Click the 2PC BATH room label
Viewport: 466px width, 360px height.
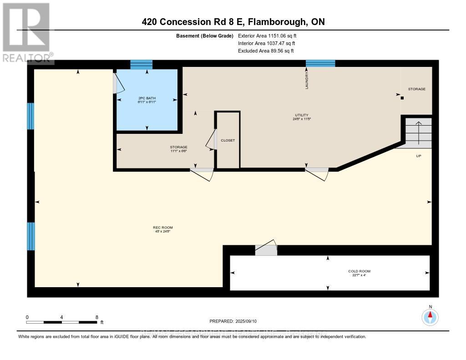coord(147,98)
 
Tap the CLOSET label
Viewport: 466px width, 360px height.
coord(228,140)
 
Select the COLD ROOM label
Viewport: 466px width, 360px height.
coord(360,271)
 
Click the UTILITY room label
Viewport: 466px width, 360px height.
coord(301,115)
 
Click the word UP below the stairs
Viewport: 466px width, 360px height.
coord(419,156)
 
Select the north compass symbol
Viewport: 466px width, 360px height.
coord(430,317)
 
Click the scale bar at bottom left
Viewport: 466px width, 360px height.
coord(61,322)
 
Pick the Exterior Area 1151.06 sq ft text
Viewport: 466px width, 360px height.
coord(268,35)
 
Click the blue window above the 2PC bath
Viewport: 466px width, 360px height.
coord(141,65)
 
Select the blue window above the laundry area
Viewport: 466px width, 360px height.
coord(320,63)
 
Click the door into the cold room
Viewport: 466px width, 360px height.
coord(266,250)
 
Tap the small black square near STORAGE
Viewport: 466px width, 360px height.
coord(402,97)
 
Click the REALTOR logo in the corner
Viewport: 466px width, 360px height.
coord(26,32)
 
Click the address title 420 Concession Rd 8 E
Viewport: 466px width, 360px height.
coord(233,22)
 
